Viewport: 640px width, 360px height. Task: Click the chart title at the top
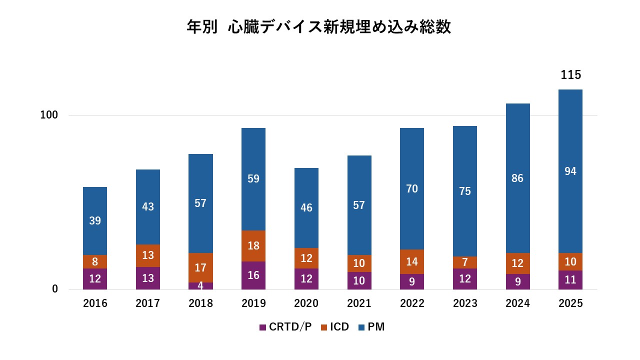click(x=319, y=27)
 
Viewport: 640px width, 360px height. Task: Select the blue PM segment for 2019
click(x=253, y=179)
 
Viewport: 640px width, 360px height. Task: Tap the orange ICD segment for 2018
click(x=200, y=267)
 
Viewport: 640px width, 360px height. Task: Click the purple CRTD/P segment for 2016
click(x=95, y=279)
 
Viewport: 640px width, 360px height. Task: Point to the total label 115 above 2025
click(x=570, y=75)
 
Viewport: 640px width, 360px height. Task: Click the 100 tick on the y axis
click(x=49, y=115)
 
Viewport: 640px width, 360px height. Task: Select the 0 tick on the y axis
click(x=55, y=289)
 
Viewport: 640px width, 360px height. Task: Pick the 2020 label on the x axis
click(x=306, y=303)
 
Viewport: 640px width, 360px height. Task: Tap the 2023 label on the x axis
click(x=465, y=303)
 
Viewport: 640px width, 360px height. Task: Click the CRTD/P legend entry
click(x=285, y=327)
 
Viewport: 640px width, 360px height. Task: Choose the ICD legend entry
click(x=334, y=327)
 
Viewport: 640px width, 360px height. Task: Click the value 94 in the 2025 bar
click(x=570, y=171)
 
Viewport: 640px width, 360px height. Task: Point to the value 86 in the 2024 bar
click(x=517, y=178)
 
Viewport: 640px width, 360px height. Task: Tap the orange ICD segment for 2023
click(x=465, y=262)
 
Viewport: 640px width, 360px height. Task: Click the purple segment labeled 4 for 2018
click(x=200, y=286)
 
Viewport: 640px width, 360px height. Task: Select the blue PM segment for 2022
click(x=412, y=188)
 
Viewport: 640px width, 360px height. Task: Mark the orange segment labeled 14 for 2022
click(x=412, y=261)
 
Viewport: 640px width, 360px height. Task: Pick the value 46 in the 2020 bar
click(x=306, y=208)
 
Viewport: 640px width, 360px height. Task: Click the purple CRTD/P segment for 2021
click(x=359, y=280)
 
